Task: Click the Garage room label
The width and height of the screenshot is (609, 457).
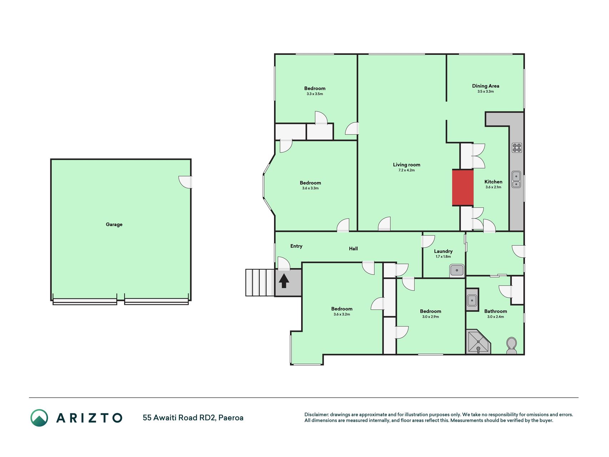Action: point(114,225)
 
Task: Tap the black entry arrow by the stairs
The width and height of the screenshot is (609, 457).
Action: point(284,281)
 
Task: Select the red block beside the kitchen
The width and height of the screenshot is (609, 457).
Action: point(463,187)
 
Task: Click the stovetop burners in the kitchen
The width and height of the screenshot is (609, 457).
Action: point(517,148)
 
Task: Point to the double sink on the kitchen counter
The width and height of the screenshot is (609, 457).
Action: point(516,180)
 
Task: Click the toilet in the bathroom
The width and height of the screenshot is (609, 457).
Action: point(511,346)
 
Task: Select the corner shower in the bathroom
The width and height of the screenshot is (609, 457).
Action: point(478,342)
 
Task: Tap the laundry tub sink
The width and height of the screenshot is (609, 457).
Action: point(457,270)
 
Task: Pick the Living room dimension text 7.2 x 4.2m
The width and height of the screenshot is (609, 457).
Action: point(407,170)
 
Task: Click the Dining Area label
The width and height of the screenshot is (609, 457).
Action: point(486,86)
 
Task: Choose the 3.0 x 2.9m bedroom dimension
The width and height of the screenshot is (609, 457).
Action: point(431,317)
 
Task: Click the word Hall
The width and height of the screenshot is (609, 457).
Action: point(353,248)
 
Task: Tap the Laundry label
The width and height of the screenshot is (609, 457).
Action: point(443,251)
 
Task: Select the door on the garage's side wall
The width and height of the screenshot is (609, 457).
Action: point(186,182)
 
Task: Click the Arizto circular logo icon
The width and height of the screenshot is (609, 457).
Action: point(39,418)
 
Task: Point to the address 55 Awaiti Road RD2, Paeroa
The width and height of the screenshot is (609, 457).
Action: point(193,418)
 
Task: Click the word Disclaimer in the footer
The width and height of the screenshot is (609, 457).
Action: point(316,415)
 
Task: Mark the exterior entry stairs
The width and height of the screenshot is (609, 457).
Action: point(260,283)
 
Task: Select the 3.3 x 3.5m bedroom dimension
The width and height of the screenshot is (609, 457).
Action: point(315,94)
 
